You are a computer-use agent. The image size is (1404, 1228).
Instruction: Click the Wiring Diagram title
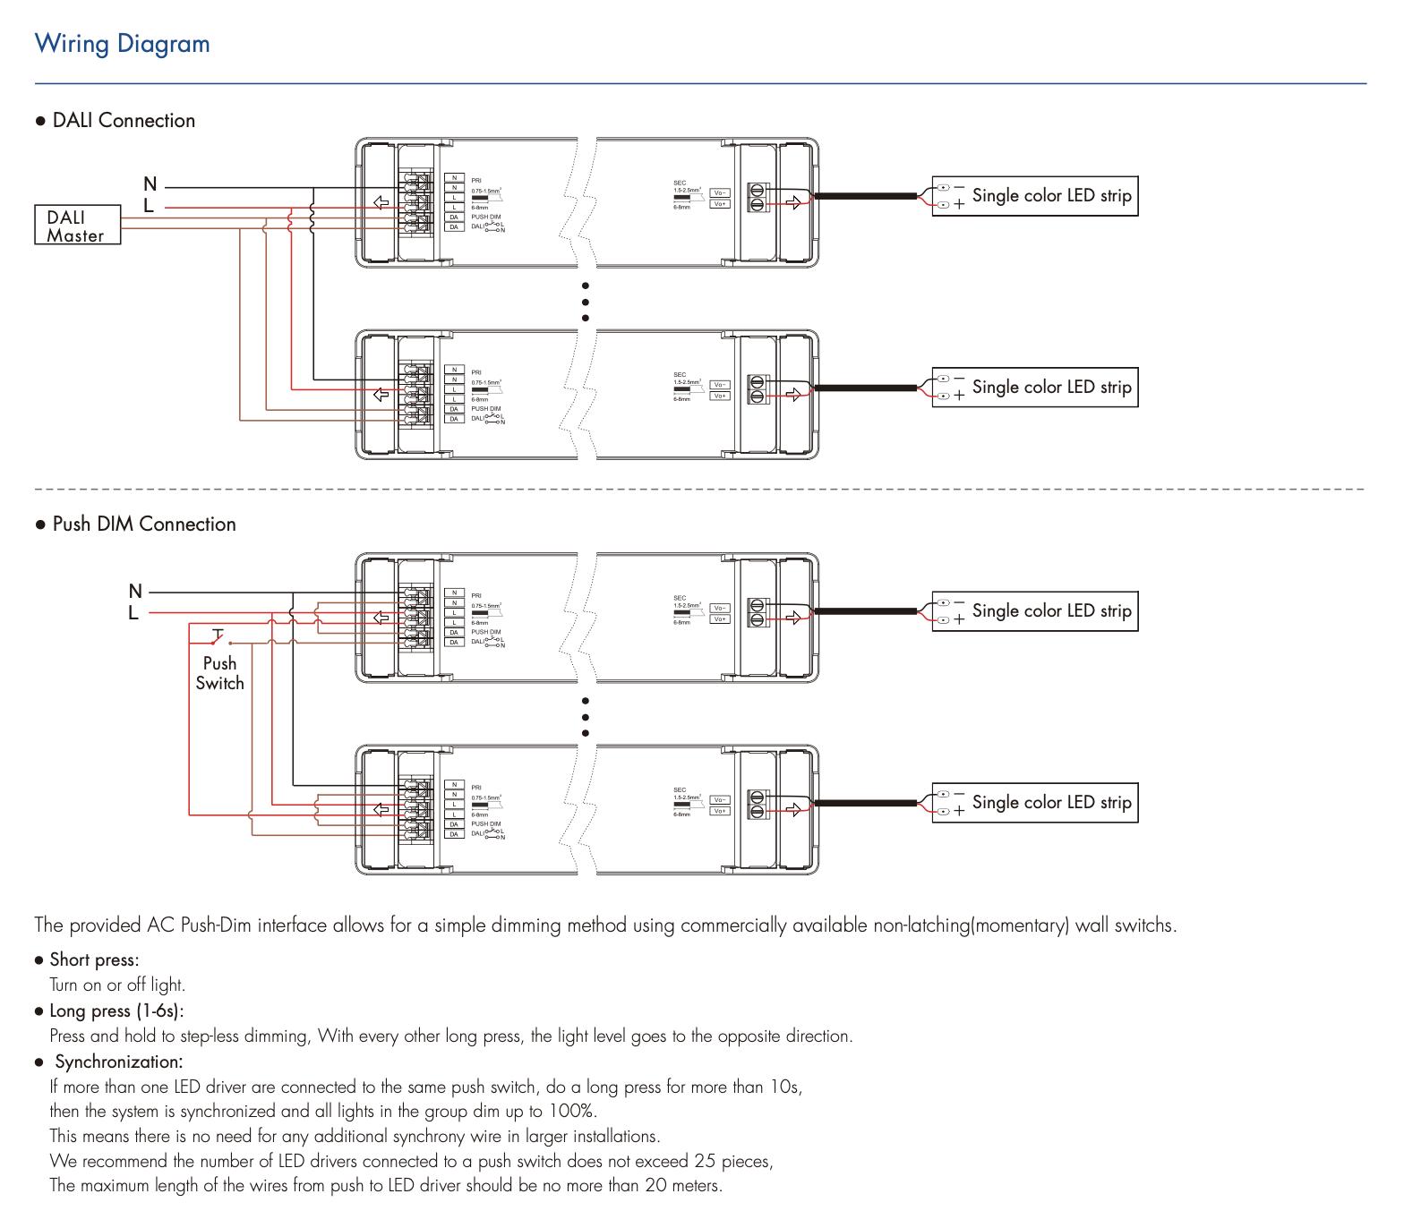pos(122,44)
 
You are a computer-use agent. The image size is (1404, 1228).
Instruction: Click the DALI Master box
pos(77,226)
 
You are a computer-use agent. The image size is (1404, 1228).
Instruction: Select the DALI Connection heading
pos(124,121)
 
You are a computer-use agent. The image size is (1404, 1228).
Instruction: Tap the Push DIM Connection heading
pos(144,524)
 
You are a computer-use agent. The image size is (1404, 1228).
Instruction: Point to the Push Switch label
pos(219,673)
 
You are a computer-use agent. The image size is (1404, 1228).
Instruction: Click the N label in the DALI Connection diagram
pos(150,184)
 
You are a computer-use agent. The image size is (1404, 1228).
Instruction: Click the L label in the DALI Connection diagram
pos(149,206)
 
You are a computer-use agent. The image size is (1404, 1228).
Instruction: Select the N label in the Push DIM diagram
pos(135,591)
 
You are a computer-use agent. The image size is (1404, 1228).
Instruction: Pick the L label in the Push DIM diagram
pos(133,613)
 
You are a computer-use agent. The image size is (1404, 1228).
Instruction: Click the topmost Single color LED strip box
pos(1035,196)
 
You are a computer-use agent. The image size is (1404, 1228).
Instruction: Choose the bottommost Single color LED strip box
pos(1035,803)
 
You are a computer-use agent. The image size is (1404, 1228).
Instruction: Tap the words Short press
pos(94,959)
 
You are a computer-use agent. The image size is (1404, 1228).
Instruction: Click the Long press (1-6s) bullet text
pos(116,1011)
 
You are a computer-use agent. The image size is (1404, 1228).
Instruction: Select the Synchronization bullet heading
pos(119,1062)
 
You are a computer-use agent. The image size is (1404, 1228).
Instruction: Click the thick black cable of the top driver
pos(865,196)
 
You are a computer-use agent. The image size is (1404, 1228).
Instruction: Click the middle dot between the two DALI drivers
pos(586,302)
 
